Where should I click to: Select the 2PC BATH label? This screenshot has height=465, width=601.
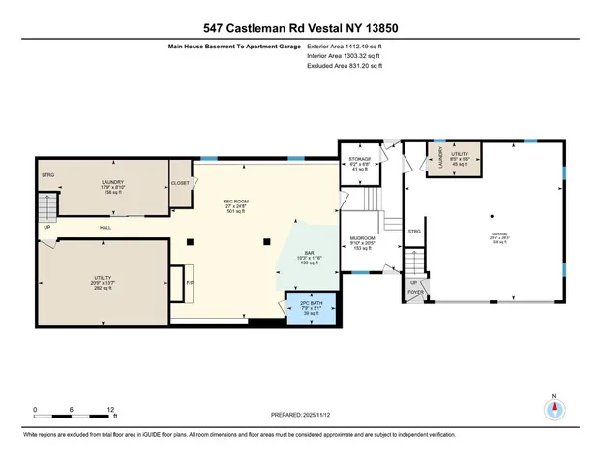click(x=313, y=302)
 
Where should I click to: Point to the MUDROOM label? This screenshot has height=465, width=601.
click(x=363, y=236)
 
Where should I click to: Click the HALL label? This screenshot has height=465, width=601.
click(x=105, y=228)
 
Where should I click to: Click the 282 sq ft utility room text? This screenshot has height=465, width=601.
click(x=103, y=288)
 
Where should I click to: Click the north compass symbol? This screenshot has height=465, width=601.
click(x=554, y=408)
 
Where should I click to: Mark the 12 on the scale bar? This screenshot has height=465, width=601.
click(x=112, y=409)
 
